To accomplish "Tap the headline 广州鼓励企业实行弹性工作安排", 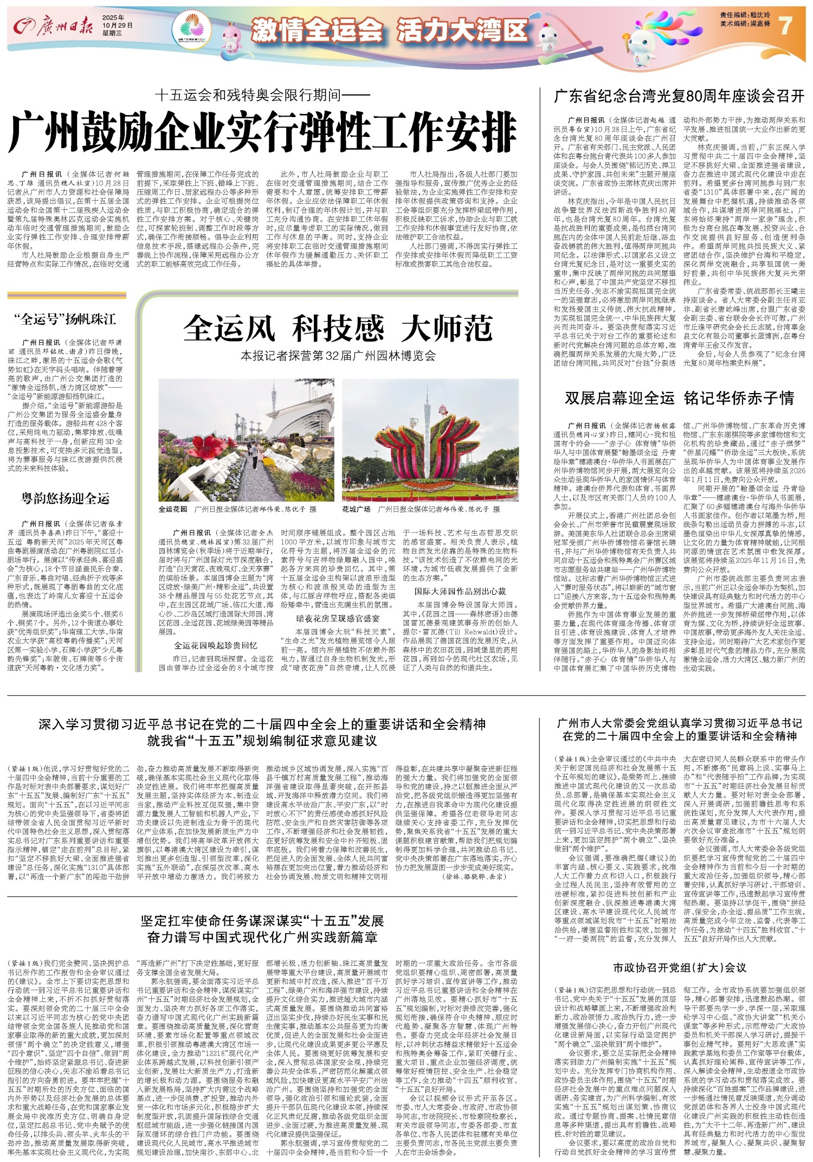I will [x=262, y=132].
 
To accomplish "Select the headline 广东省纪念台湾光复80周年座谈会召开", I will [x=679, y=97].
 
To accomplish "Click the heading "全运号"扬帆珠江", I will [x=65, y=319].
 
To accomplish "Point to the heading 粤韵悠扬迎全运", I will [x=65, y=498].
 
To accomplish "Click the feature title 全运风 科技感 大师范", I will [x=338, y=328].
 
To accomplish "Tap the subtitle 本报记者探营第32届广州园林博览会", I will [x=338, y=356].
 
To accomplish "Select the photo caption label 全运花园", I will [x=173, y=509].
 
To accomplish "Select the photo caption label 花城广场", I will [x=356, y=509].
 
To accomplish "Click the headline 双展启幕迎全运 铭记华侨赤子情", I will [x=679, y=398].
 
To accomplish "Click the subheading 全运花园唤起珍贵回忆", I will [x=215, y=645].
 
